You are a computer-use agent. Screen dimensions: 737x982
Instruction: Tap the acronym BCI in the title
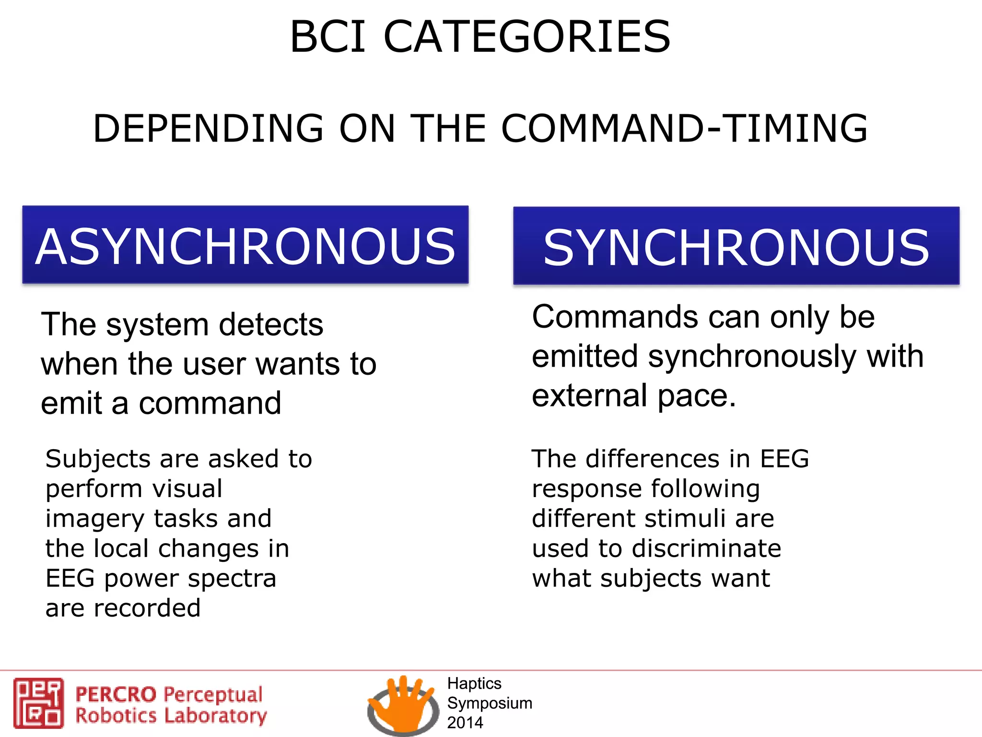pos(328,37)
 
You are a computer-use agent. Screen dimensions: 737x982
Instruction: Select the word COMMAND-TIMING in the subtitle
pos(685,129)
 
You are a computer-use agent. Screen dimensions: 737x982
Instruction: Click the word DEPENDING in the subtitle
pos(208,129)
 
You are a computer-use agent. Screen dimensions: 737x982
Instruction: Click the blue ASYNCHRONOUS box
pos(245,245)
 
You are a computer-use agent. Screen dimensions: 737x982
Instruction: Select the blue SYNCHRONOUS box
pos(736,246)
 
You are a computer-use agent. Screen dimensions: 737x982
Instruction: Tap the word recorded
pos(147,608)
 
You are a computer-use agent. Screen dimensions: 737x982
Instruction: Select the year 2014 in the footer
pos(465,723)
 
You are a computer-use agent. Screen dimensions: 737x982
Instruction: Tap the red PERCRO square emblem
pos(38,703)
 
